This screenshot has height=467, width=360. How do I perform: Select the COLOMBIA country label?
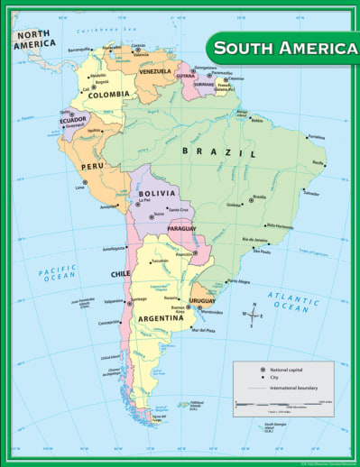tap(108, 94)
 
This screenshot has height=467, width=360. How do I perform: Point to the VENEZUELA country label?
tap(155, 71)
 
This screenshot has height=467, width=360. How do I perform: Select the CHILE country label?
tap(120, 273)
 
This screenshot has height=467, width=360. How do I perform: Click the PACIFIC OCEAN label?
tap(55, 274)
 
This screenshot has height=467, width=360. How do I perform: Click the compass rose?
tap(252, 316)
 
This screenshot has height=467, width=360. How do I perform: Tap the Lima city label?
tap(79, 188)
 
